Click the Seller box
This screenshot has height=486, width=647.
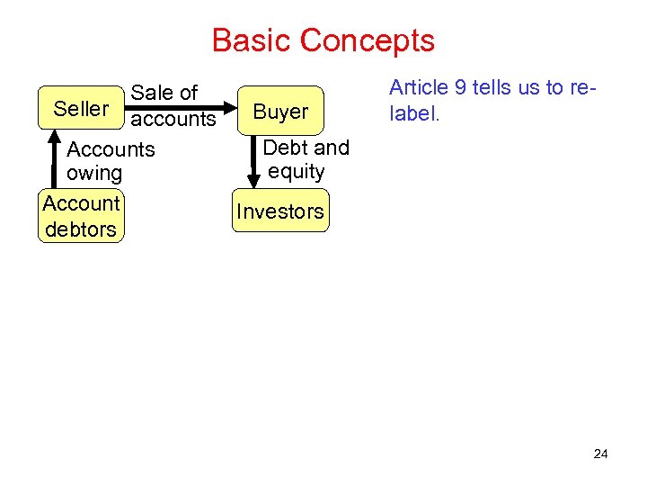[81, 109]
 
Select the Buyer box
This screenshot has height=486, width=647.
[280, 112]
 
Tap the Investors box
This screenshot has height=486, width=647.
[279, 211]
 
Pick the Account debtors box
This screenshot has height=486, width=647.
[81, 216]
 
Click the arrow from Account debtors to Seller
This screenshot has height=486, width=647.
[51, 157]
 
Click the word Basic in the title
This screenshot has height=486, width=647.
[252, 40]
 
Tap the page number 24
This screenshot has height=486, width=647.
[600, 454]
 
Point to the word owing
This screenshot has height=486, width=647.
[94, 173]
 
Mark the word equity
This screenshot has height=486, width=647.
[297, 171]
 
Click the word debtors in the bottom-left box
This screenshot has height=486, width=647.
[81, 229]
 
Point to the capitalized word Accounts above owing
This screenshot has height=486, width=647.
[111, 148]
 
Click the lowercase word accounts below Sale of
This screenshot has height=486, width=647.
[173, 119]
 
